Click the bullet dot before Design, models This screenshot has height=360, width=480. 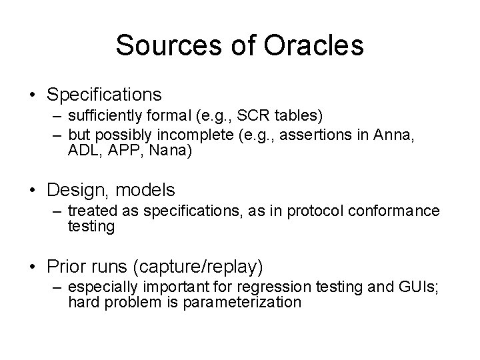pyautogui.click(x=33, y=191)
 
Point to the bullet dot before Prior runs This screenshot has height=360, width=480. pyautogui.click(x=33, y=267)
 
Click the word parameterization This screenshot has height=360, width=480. pyautogui.click(x=246, y=303)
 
